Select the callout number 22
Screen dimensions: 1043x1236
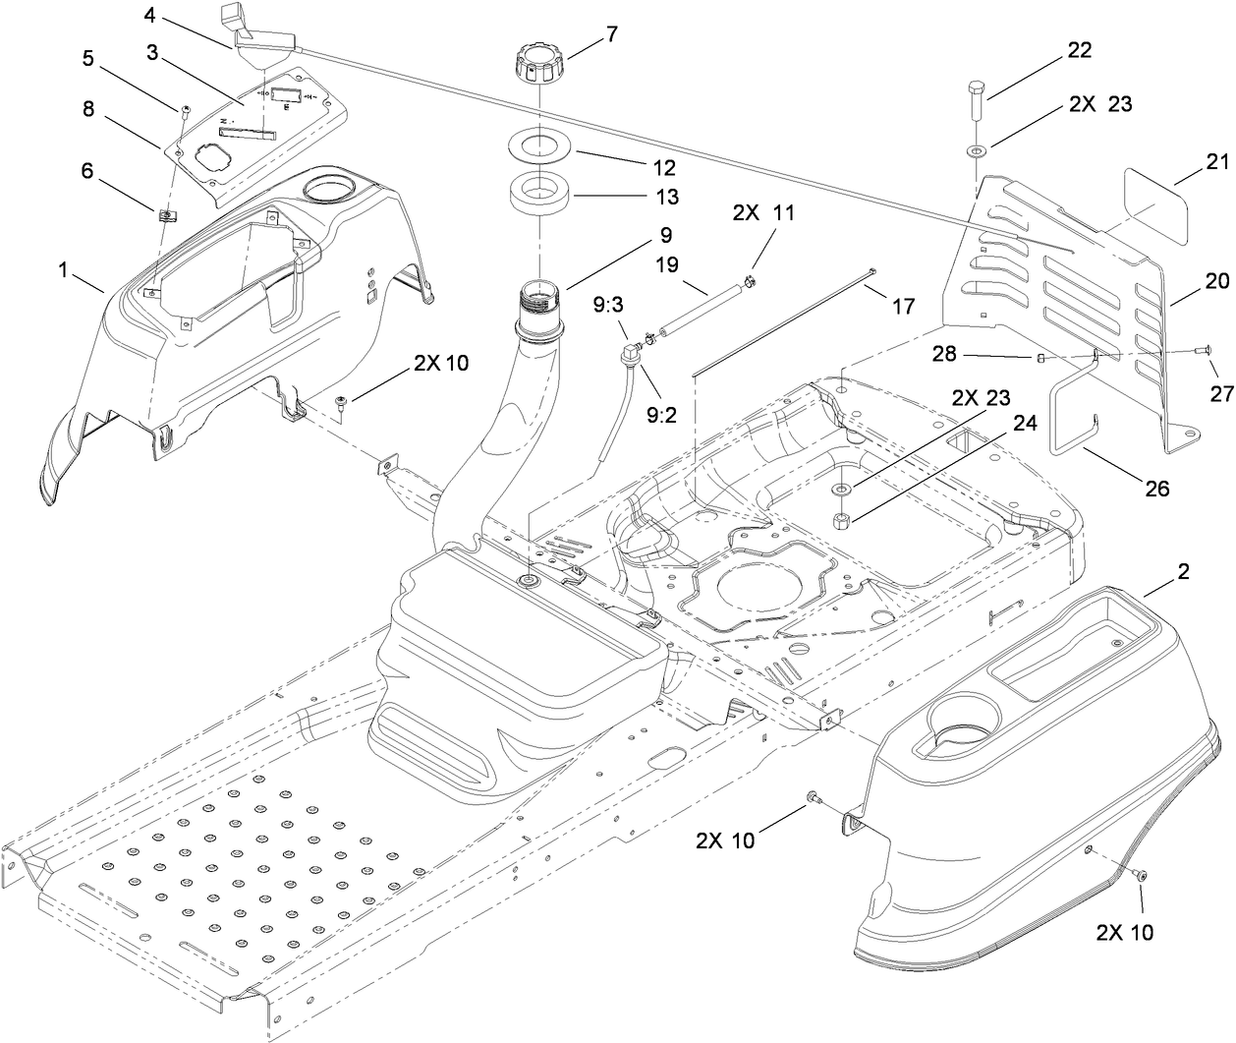click(1079, 51)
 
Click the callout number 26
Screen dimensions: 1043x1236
click(1157, 487)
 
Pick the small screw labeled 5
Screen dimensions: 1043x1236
click(184, 110)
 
